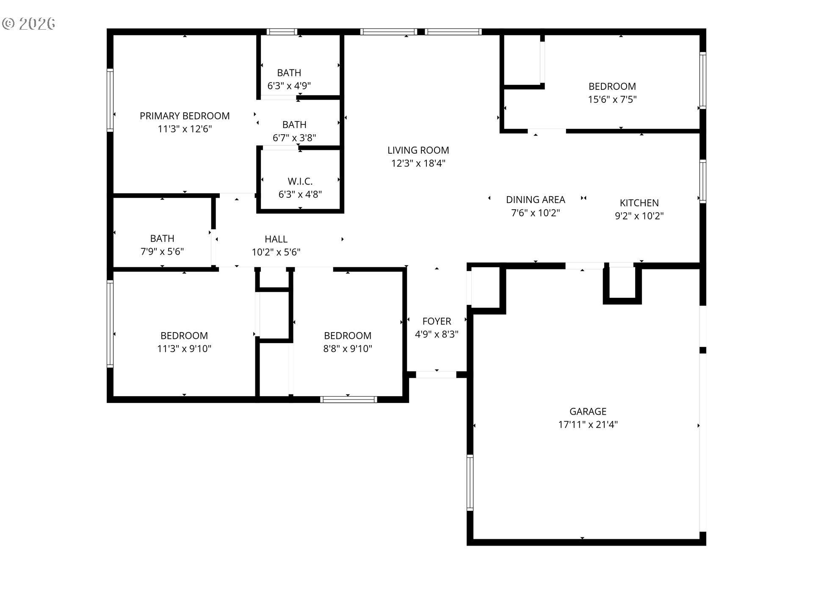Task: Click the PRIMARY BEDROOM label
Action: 185,116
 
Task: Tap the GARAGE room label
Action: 588,411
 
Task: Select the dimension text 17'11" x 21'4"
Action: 588,424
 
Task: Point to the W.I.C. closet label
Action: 300,181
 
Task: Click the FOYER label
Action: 437,321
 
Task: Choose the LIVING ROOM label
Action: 418,150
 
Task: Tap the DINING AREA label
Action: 536,200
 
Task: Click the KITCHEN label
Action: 639,203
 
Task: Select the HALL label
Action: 276,239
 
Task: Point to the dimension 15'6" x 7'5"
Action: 612,100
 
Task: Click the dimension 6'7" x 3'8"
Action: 294,138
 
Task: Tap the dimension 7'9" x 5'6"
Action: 162,252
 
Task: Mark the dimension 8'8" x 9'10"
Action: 348,349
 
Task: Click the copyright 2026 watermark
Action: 29,24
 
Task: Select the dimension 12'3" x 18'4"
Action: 418,163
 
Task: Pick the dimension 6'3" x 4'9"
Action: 289,86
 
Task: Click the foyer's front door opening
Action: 436,374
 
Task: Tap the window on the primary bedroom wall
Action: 110,100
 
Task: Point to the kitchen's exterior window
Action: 702,181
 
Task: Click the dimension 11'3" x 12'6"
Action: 185,129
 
